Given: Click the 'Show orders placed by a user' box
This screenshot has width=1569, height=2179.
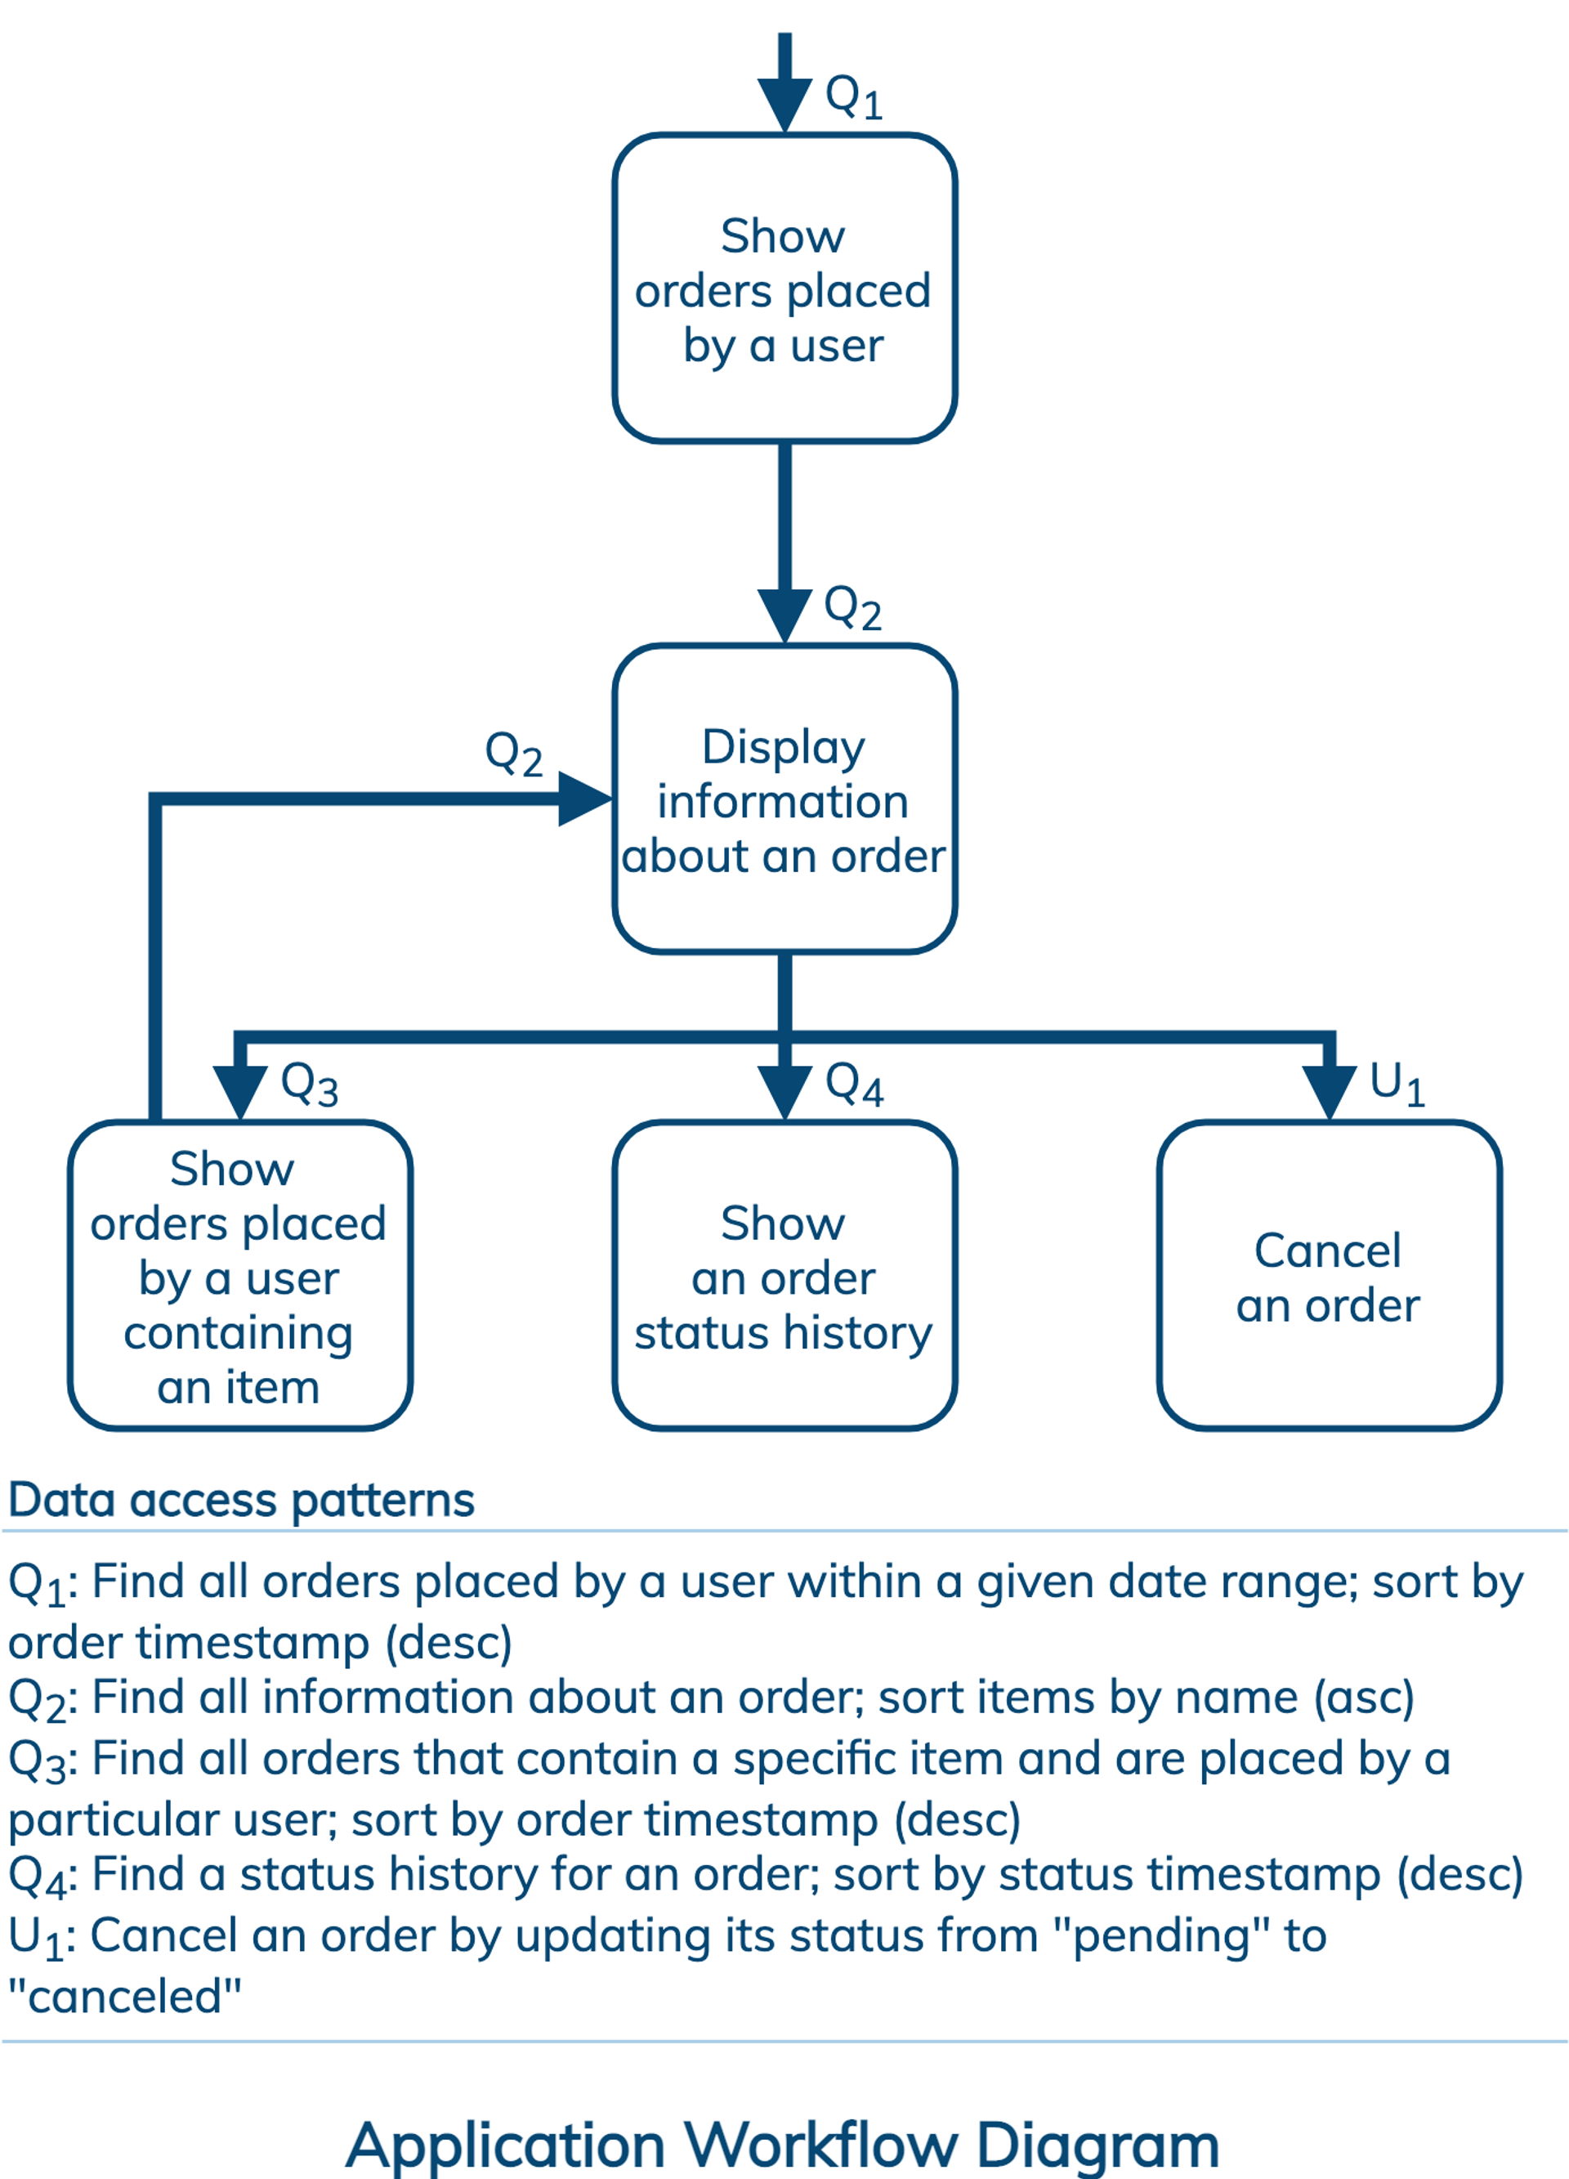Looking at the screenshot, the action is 784,289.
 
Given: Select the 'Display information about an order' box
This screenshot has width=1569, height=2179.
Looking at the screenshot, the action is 784,799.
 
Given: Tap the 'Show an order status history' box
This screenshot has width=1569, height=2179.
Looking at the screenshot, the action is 784,1276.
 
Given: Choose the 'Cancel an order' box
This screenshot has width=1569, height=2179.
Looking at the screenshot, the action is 1329,1276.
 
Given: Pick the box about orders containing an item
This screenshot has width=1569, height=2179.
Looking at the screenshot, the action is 240,1276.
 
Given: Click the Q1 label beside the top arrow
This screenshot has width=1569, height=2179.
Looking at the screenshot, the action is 854,97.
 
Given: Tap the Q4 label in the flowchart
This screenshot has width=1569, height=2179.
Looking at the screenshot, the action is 854,1085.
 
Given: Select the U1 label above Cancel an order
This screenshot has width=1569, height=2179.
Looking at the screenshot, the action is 1397,1085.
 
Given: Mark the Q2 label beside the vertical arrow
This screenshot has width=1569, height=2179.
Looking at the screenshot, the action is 853,608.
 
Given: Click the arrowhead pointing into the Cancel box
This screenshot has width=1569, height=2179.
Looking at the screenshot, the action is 1329,1094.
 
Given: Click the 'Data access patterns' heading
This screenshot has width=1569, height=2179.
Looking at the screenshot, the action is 241,1500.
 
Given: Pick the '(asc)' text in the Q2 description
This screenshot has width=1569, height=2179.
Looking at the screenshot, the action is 1363,1698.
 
